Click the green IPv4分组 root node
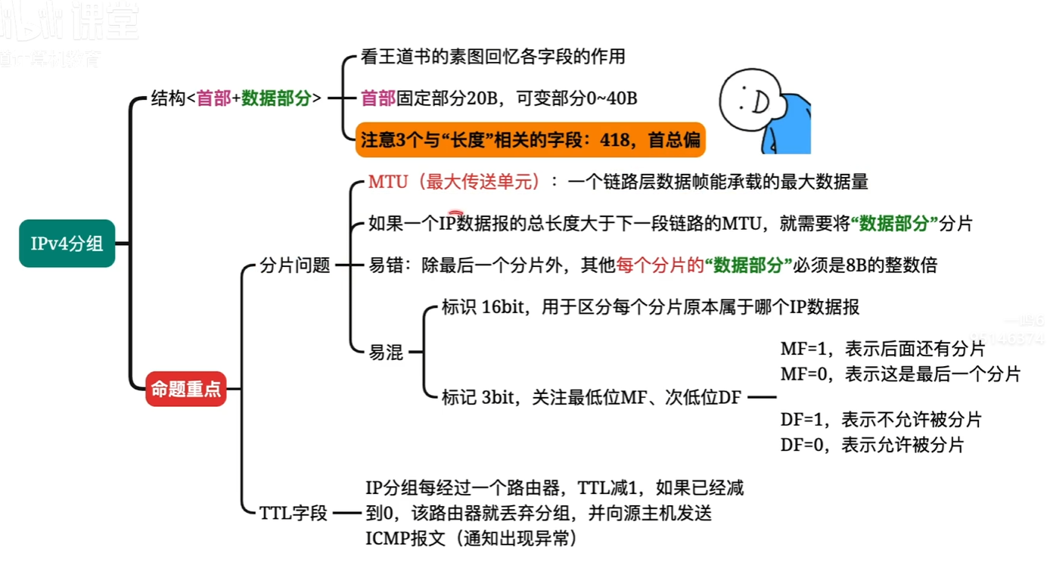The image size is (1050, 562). pos(67,244)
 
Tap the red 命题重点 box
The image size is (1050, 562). pos(185,390)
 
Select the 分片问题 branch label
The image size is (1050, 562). pos(295,265)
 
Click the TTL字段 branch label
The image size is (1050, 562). pos(294,514)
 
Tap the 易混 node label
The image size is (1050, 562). pos(386,352)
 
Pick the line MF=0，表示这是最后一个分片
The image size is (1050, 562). pos(900,374)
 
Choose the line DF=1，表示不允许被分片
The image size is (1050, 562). pos(881,419)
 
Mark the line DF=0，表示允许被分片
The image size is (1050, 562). pos(871,445)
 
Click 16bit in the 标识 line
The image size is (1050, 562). pos(502,308)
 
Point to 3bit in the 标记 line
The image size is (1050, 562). pos(499,397)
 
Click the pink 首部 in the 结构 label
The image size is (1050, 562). pos(213,98)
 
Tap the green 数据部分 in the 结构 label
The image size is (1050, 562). pos(276,98)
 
